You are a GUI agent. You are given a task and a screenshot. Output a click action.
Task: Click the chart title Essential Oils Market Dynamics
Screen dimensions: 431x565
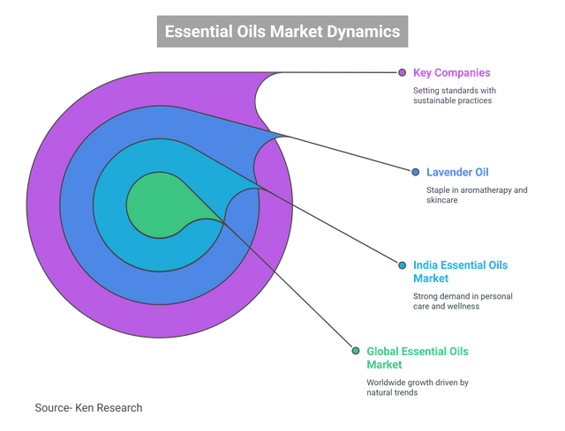282,32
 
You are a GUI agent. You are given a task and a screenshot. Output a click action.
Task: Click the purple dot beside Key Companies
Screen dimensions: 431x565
402,72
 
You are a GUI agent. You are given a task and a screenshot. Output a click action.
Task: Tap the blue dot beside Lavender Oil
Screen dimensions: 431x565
415,171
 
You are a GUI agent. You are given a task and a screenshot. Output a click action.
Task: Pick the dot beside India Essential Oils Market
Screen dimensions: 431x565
402,264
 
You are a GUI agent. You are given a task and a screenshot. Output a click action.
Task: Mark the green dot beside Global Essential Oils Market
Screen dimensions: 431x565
355,351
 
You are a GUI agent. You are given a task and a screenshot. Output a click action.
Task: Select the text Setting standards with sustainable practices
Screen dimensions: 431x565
454,95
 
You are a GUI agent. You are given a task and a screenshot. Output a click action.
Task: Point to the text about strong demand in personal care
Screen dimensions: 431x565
463,301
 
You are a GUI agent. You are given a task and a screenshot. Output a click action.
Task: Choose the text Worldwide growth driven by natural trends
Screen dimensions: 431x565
418,388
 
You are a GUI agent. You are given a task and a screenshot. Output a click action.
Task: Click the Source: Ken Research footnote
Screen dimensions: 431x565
88,408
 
